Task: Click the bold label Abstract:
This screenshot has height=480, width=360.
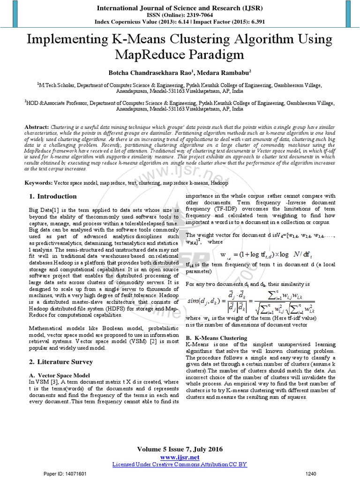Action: click(x=37, y=114)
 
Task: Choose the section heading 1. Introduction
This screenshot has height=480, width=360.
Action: click(x=53, y=196)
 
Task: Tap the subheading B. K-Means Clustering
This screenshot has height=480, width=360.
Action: click(x=217, y=337)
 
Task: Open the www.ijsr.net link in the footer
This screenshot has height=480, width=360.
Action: click(x=180, y=457)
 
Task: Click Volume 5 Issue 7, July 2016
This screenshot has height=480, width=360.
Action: click(x=180, y=450)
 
